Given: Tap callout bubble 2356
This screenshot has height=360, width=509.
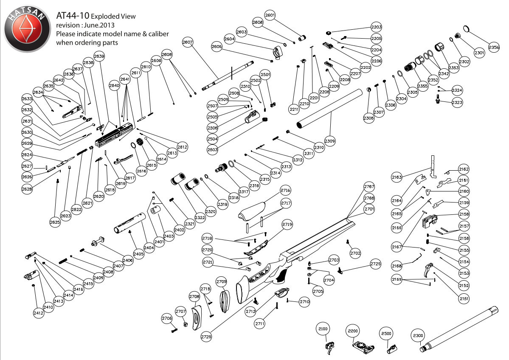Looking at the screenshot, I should [x=494, y=47].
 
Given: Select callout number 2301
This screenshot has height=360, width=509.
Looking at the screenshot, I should [x=479, y=53].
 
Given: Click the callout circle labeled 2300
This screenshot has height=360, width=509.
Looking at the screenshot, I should [x=418, y=336].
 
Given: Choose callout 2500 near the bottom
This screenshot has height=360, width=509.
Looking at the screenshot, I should [x=386, y=334].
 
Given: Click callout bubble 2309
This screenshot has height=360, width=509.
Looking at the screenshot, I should [x=330, y=140].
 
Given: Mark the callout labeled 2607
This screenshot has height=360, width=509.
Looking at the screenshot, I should [x=188, y=42].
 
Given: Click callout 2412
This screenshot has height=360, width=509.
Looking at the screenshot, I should [x=38, y=313].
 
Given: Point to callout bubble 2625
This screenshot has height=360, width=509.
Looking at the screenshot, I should [x=55, y=221].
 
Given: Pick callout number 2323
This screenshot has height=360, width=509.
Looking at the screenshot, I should [x=457, y=103].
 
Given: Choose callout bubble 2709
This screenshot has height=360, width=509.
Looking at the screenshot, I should [x=221, y=281].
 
